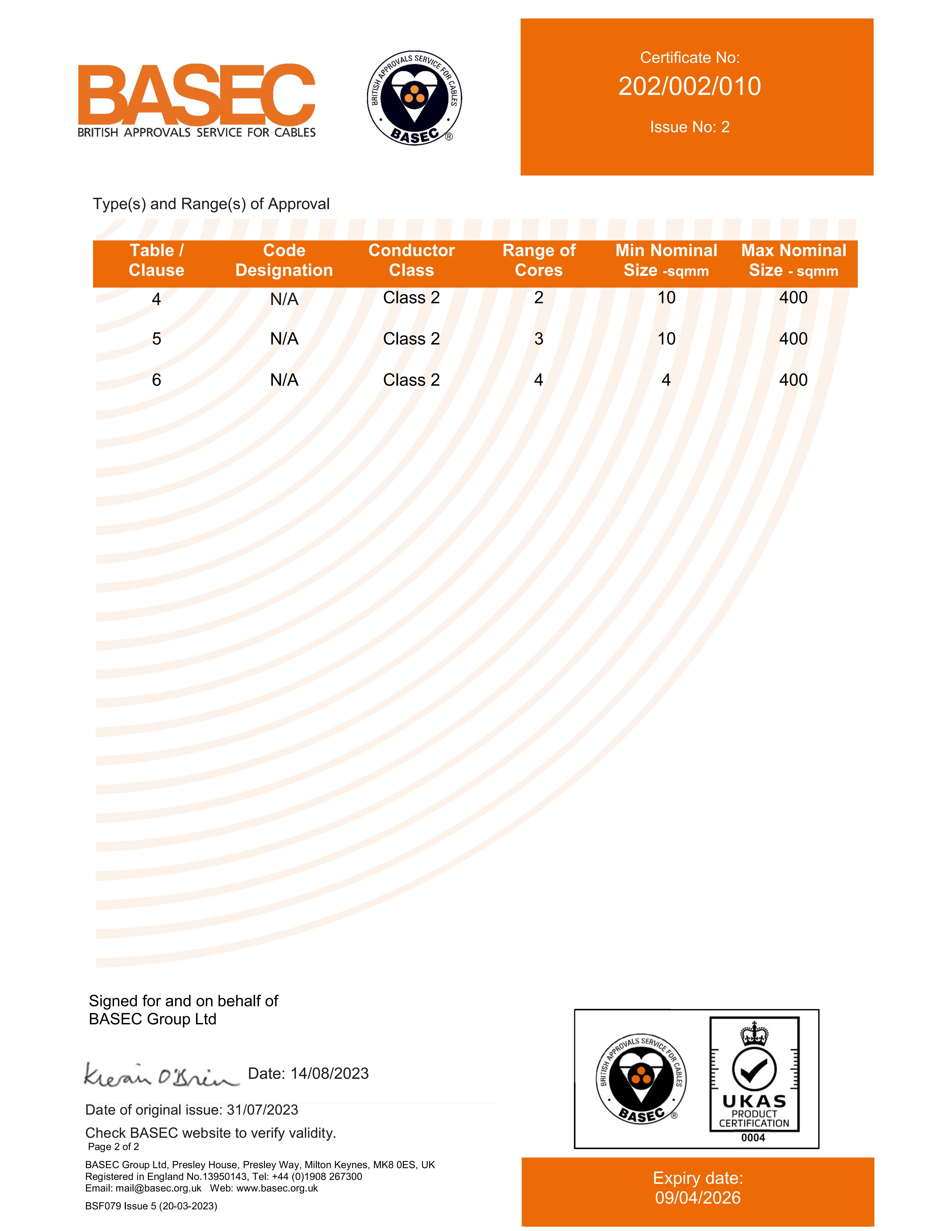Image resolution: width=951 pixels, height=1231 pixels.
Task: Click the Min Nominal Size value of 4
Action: [x=666, y=380]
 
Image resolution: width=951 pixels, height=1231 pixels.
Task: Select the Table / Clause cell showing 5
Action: [x=157, y=339]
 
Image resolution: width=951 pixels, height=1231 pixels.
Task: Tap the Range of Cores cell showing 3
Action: [x=539, y=339]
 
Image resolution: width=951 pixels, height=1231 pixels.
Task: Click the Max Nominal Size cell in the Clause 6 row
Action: [x=793, y=380]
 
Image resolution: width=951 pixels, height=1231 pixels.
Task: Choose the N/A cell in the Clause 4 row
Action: [x=284, y=299]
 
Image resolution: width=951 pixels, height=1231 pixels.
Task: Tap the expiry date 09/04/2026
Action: [x=697, y=1198]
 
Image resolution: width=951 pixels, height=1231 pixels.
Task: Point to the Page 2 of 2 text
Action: [x=113, y=1147]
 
